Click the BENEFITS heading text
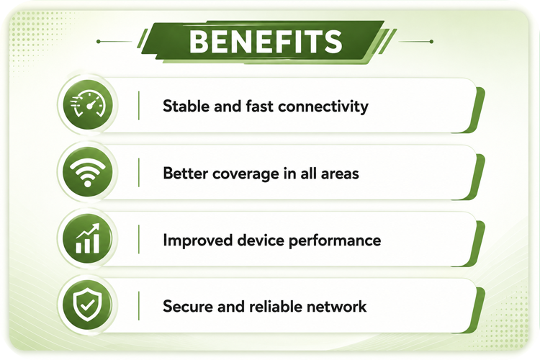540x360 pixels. [266, 41]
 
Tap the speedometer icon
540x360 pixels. [88, 104]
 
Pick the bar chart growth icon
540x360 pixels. [87, 238]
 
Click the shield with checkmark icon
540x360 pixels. [87, 305]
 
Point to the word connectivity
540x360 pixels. [323, 107]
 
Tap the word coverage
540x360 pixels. [246, 174]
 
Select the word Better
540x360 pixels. [185, 173]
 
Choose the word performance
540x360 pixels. [335, 240]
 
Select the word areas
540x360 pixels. [340, 174]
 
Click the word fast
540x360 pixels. [260, 106]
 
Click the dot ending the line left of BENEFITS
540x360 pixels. [99, 41]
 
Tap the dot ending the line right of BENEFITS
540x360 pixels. [431, 41]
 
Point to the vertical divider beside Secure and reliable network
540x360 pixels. [139, 306]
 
